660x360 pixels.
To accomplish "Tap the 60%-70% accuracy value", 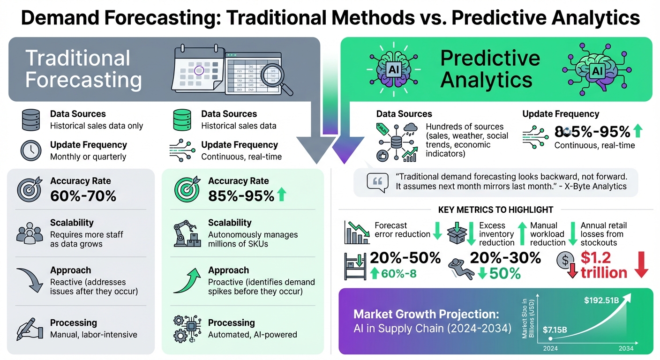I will pyautogui.click(x=83, y=195).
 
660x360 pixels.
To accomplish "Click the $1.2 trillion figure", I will pyautogui.click(x=604, y=265).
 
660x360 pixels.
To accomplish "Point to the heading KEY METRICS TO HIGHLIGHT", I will pyautogui.click(x=495, y=210).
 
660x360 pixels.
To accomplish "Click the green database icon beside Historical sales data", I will pyautogui.click(x=182, y=120).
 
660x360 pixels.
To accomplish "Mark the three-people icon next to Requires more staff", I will pyautogui.click(x=30, y=233).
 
